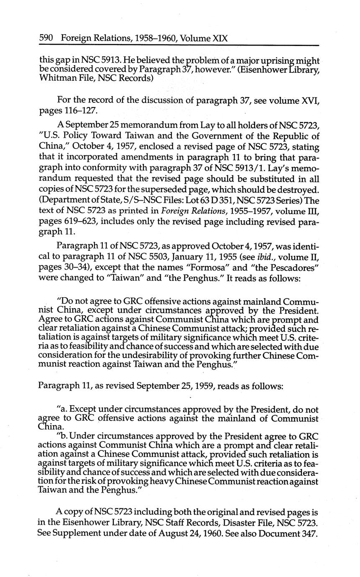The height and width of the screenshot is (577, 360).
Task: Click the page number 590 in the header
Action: tap(46, 38)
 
